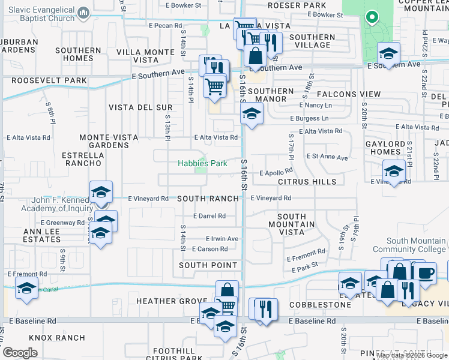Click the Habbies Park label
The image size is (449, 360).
pos(202,163)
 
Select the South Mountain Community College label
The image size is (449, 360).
pos(409,245)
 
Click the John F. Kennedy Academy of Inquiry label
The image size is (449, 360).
pos(49,204)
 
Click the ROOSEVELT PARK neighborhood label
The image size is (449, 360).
pos(43,80)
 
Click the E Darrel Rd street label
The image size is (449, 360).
pos(209,216)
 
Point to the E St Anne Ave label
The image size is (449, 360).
pos(327,158)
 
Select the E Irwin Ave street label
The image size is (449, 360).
pos(222,239)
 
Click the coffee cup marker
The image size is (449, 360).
pos(426,273)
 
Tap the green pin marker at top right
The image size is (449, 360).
pos(372,18)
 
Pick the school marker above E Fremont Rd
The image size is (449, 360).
pos(26,288)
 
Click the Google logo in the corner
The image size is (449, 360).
pos(20,353)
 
